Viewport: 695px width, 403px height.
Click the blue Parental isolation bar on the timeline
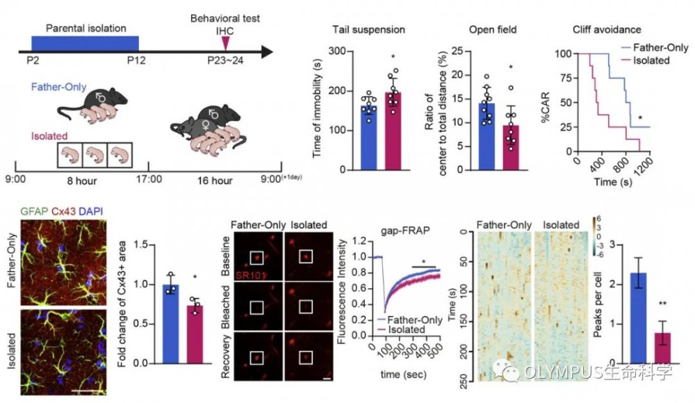pos(85,44)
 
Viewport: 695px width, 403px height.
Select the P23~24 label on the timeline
pos(225,60)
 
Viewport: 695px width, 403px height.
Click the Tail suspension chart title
pos(369,30)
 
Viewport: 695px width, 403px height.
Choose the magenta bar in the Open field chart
pos(511,147)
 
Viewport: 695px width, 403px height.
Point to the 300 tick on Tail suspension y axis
pos(337,51)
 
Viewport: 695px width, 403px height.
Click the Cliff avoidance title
pos(607,30)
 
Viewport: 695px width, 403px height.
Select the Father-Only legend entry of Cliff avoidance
pos(654,47)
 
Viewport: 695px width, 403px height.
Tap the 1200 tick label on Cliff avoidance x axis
pos(644,167)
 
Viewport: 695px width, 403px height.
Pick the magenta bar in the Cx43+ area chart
pos(195,334)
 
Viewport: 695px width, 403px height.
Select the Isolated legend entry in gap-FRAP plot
pos(401,330)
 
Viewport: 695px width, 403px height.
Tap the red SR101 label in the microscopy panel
pos(251,275)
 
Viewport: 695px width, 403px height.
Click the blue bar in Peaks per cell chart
pos(638,318)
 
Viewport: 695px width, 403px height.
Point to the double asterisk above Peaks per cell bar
pos(662,304)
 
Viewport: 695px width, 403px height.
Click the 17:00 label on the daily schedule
pos(149,179)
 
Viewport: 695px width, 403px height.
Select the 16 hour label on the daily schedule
pos(215,181)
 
